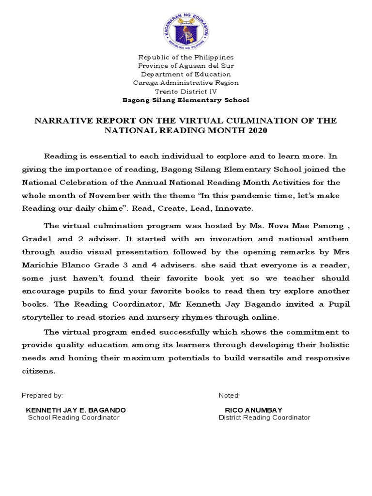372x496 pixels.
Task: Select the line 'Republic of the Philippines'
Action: [x=186, y=57]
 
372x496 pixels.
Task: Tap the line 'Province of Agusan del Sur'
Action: [x=186, y=65]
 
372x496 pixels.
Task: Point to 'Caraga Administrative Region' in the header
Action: [x=186, y=82]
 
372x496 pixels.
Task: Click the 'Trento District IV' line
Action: [x=186, y=91]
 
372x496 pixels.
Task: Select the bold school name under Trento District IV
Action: [x=186, y=100]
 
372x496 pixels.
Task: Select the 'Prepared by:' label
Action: [x=42, y=395]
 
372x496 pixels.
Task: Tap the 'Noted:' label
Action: [x=229, y=395]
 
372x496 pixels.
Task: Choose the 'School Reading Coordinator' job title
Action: [x=74, y=418]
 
